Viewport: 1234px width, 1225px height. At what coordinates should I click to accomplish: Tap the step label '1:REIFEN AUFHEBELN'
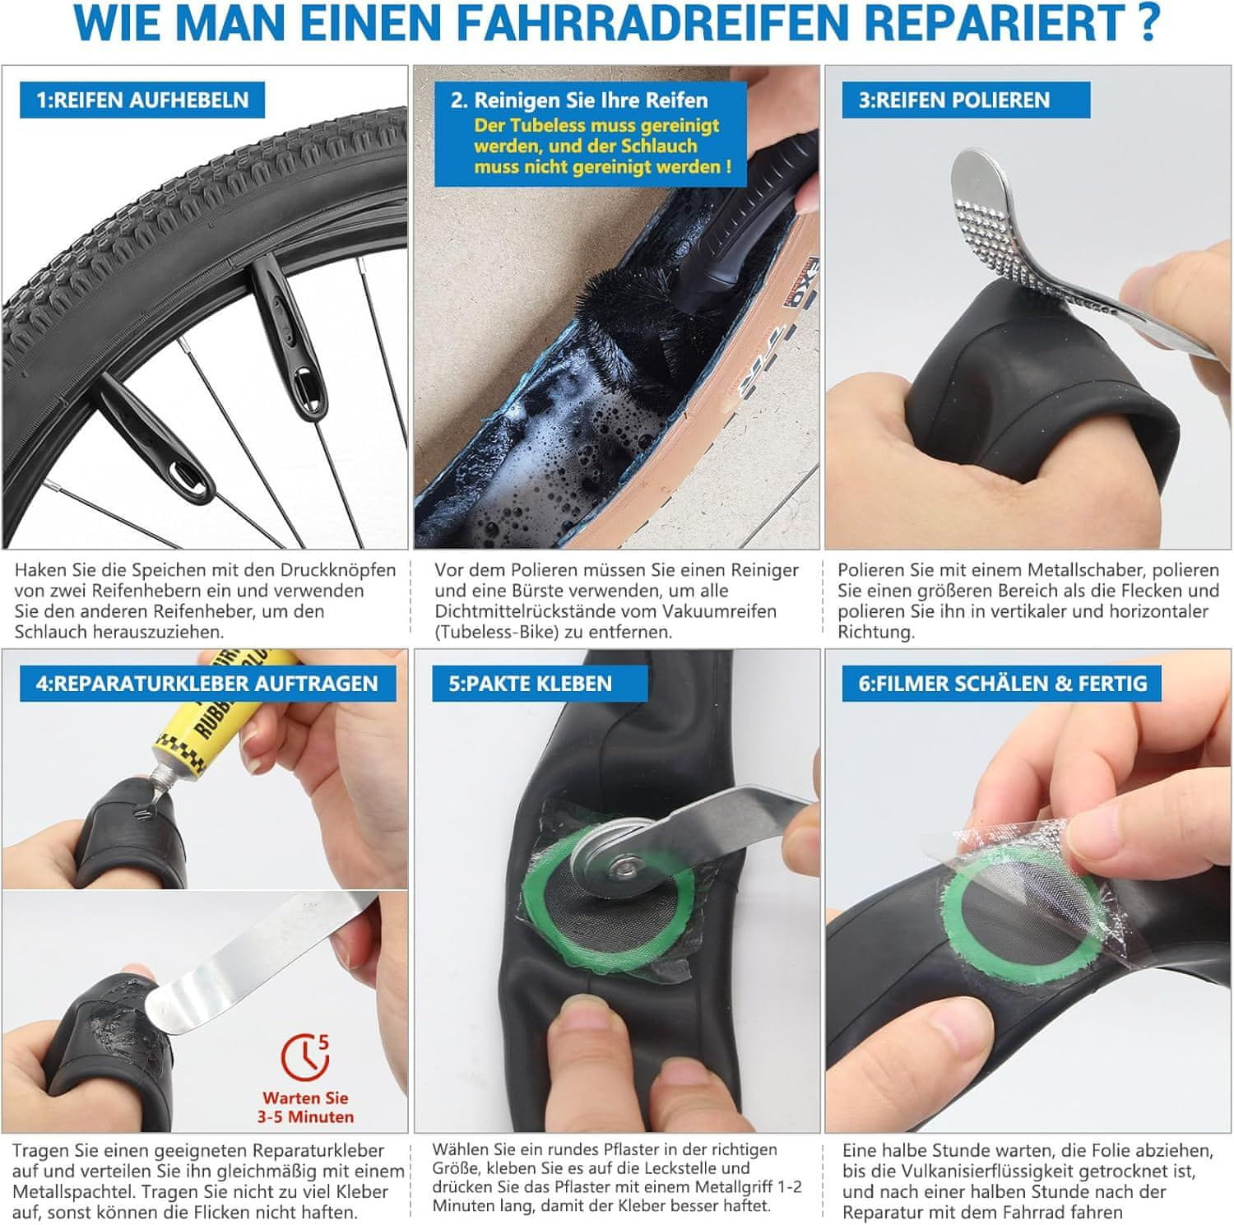coord(141,100)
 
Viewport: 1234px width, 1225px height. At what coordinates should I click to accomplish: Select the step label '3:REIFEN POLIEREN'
coord(954,100)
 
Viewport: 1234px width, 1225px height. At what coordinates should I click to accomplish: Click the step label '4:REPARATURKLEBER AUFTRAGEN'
coord(206,683)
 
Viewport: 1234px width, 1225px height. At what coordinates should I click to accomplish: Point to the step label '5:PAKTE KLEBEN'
coord(531,683)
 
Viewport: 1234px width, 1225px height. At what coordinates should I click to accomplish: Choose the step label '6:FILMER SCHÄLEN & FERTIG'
coord(1003,683)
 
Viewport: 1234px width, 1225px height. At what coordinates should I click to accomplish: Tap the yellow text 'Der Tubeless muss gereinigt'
coord(596,126)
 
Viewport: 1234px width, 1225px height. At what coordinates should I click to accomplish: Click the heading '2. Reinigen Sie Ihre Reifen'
coord(579,100)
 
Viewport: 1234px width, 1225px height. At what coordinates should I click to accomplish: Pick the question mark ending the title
coord(1148,24)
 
